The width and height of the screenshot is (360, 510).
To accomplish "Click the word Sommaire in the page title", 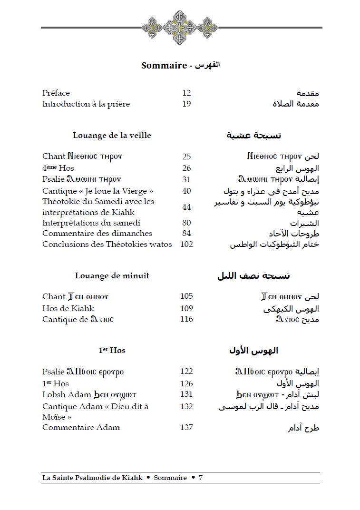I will (164, 66).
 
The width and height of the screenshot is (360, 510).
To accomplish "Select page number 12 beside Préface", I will (186, 93).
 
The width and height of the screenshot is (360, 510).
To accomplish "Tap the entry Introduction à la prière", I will (86, 104).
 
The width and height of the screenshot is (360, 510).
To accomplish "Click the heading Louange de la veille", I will (112, 135).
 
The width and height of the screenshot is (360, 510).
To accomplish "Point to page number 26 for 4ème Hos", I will (186, 168).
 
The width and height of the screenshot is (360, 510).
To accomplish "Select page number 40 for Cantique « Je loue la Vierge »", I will (186, 191).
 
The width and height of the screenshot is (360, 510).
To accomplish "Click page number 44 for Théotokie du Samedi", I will (186, 207).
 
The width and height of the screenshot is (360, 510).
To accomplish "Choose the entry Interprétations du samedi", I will (91, 223).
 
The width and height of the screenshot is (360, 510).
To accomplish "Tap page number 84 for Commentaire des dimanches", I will (186, 233).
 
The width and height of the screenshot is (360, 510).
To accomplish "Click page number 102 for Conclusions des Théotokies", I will (186, 244).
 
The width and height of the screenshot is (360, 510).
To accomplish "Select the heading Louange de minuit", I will (112, 275).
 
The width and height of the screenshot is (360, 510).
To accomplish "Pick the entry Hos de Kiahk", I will (68, 308).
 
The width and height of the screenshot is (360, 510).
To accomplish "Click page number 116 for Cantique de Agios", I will (186, 319).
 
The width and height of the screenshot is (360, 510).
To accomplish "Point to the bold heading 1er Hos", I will (112, 350).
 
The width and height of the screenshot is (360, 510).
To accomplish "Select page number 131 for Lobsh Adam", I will (186, 394).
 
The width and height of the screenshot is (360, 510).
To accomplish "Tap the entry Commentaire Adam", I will (81, 427).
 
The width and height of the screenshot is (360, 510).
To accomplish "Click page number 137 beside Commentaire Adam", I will (186, 427).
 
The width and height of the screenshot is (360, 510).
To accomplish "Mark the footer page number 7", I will (201, 478).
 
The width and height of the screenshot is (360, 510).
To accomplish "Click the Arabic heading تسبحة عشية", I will (253, 136).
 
